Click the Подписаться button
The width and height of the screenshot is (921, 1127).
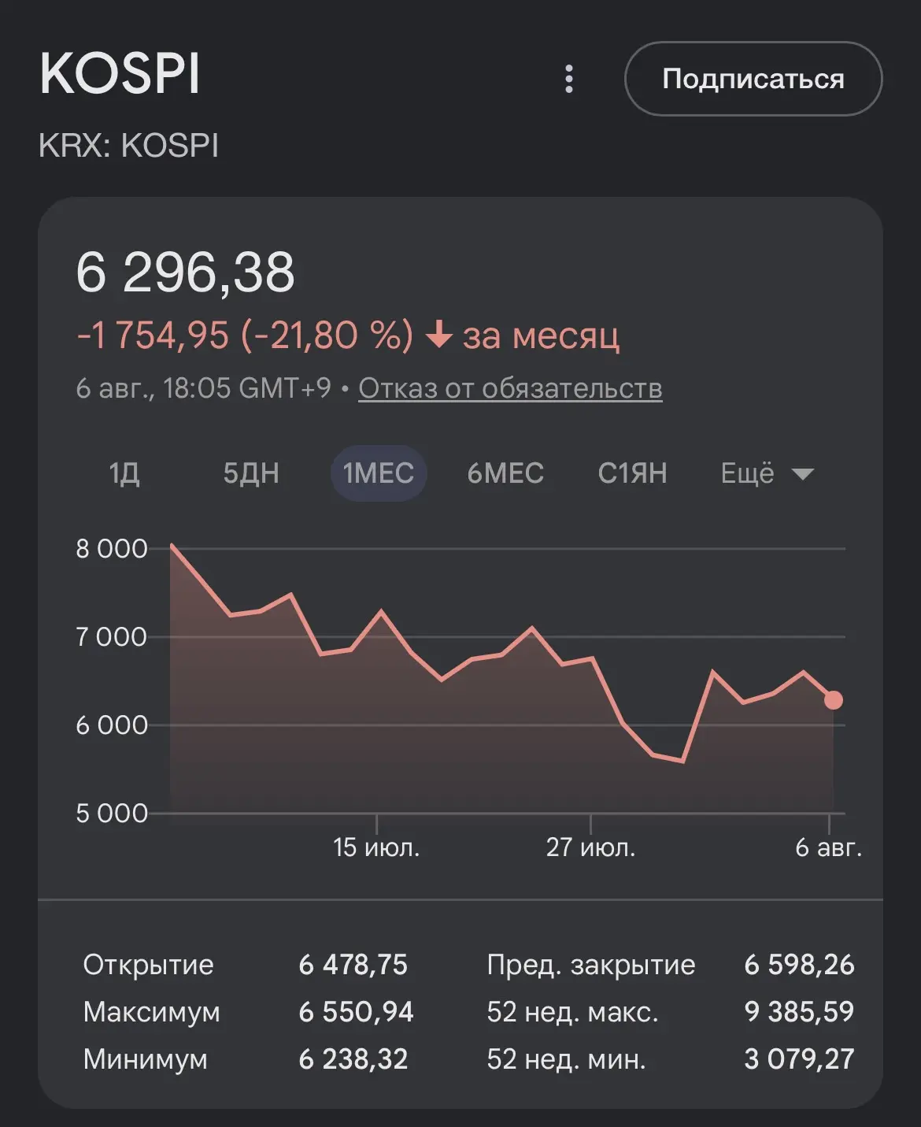753,79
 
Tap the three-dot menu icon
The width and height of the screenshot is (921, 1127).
569,79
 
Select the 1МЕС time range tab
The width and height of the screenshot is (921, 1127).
378,473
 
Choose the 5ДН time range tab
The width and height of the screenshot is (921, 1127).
251,473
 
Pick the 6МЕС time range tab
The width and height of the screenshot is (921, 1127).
505,473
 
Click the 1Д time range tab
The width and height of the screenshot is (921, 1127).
124,473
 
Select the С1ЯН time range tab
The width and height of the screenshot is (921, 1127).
633,473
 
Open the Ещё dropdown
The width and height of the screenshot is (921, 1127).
767,473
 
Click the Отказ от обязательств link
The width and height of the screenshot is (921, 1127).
510,388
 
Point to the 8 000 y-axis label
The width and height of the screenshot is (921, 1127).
112,549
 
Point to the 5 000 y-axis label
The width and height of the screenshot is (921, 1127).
112,814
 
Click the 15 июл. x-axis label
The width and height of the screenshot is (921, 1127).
376,847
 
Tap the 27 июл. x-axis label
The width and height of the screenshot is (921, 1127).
590,847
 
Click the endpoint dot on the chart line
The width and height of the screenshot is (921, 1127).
834,700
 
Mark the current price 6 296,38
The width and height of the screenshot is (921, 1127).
185,272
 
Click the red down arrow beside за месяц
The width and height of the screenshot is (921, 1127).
438,335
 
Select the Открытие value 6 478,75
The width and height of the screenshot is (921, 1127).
353,965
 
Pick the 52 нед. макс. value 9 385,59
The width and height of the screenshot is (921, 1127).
799,1011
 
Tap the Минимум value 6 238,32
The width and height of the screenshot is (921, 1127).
353,1058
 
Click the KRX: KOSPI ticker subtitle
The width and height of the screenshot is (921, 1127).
128,145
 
